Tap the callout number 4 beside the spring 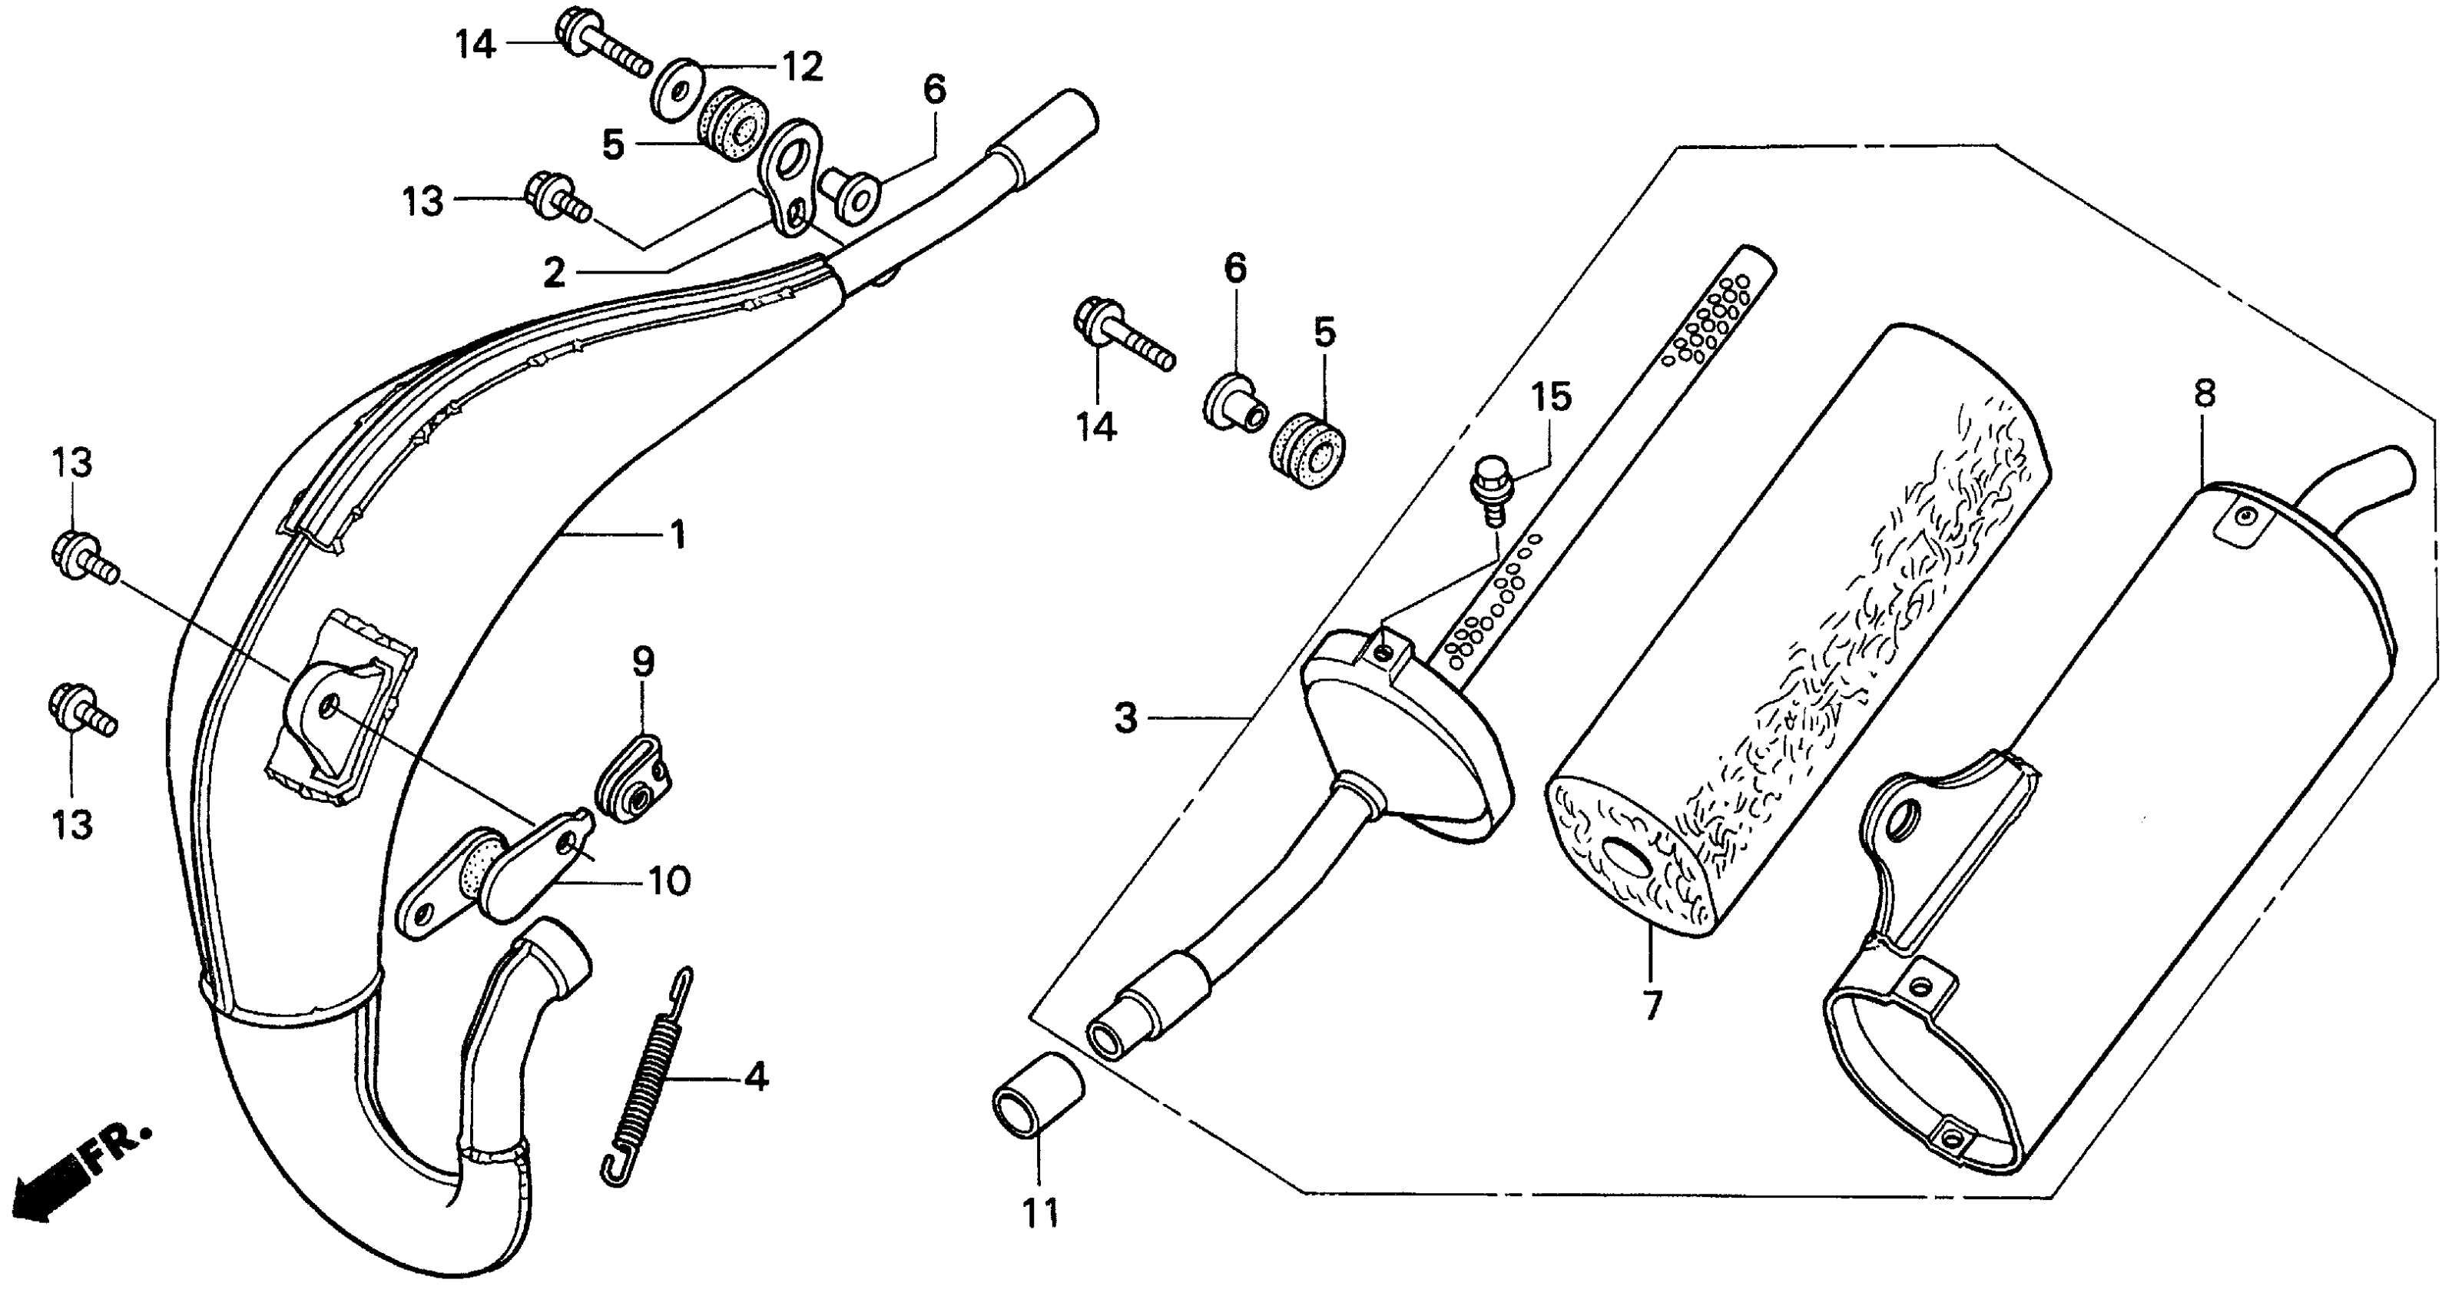click(756, 1078)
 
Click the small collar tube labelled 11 click(1038, 1095)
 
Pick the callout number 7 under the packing click(1652, 1005)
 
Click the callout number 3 click(1126, 718)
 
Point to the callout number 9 click(644, 661)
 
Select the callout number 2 click(554, 273)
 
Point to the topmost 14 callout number click(475, 44)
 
